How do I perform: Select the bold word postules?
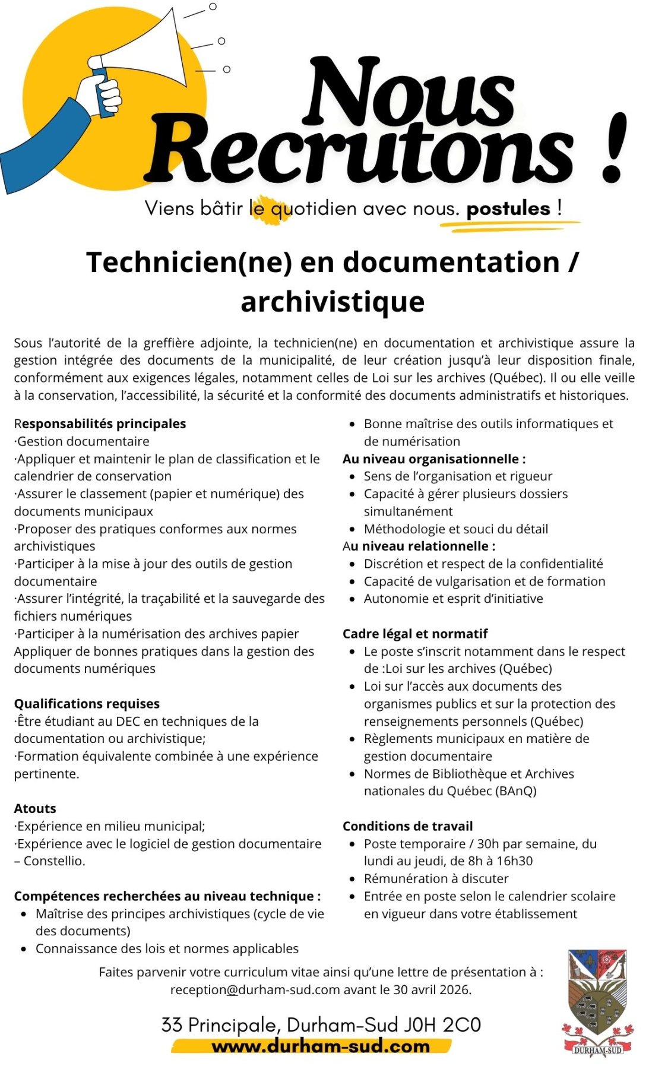(508, 208)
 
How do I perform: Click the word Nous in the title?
(410, 92)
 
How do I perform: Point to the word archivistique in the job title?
(333, 301)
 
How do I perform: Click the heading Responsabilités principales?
(100, 423)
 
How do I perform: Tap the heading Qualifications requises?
(87, 704)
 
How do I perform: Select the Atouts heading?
(35, 808)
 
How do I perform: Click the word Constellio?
(54, 861)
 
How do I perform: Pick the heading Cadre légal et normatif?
(415, 634)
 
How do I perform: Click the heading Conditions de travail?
(407, 826)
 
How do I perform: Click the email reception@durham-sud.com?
(255, 990)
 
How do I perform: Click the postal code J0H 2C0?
(442, 1025)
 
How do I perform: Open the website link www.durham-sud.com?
(321, 1046)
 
